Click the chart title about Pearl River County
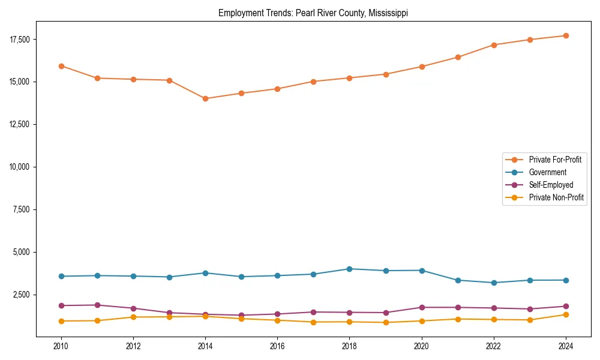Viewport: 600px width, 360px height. pos(313,13)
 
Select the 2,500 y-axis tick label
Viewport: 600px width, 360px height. pos(23,295)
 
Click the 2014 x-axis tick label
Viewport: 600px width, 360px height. pos(205,346)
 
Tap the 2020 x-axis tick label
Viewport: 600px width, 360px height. pos(421,346)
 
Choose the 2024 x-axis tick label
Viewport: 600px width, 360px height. pos(565,346)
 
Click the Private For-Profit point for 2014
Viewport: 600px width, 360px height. pos(205,98)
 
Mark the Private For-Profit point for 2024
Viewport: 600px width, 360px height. pos(565,35)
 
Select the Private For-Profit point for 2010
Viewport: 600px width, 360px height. pos(61,66)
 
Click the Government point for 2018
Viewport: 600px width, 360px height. pos(349,269)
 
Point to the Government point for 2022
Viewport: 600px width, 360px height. pos(493,283)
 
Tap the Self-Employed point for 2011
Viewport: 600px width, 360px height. pos(97,305)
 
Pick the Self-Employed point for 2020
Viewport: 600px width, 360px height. pos(421,307)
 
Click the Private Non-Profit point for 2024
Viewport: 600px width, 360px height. pos(565,314)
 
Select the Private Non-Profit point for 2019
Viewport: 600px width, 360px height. pos(385,322)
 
